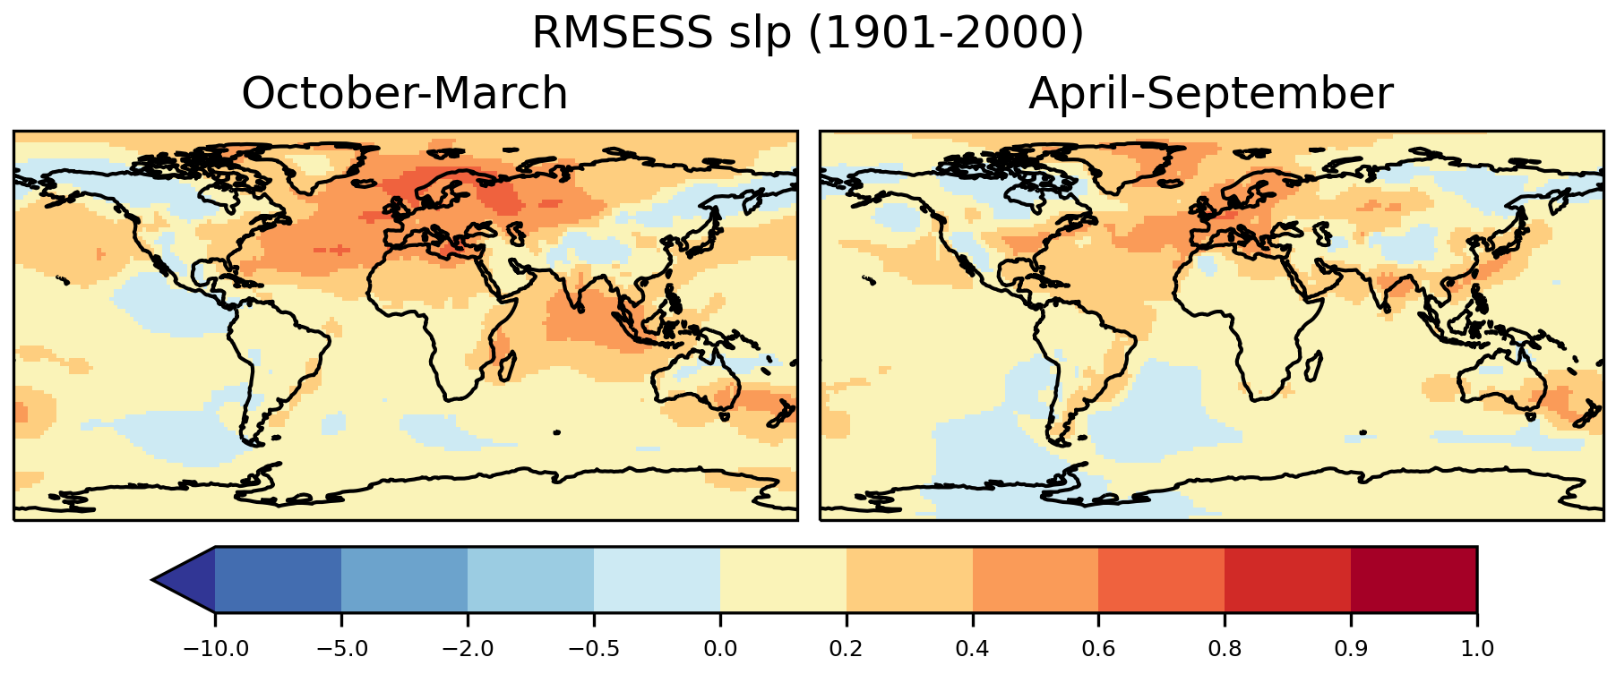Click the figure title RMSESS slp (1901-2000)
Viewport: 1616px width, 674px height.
[807, 34]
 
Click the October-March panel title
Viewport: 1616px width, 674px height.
[404, 94]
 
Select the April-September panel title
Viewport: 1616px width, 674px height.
[1210, 94]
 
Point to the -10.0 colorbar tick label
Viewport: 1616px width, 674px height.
[215, 648]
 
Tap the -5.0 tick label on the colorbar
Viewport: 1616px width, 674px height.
[341, 648]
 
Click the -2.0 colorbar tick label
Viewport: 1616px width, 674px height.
[468, 648]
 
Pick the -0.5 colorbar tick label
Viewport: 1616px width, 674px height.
[594, 648]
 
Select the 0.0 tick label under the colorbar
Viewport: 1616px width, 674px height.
[720, 648]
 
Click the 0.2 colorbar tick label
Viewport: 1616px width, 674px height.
[847, 648]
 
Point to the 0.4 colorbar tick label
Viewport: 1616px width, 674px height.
[973, 648]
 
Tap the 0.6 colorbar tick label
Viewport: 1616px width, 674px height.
[1098, 648]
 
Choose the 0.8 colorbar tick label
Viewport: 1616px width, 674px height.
[1225, 648]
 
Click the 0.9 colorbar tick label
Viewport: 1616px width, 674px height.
[1351, 648]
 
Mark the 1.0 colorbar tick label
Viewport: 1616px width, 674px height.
[1476, 648]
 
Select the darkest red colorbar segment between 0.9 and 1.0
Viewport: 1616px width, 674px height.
[1414, 580]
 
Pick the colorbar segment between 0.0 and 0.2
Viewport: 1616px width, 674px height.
[784, 580]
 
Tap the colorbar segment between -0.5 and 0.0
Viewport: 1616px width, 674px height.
[658, 580]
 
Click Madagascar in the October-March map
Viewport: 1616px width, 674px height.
[508, 366]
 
